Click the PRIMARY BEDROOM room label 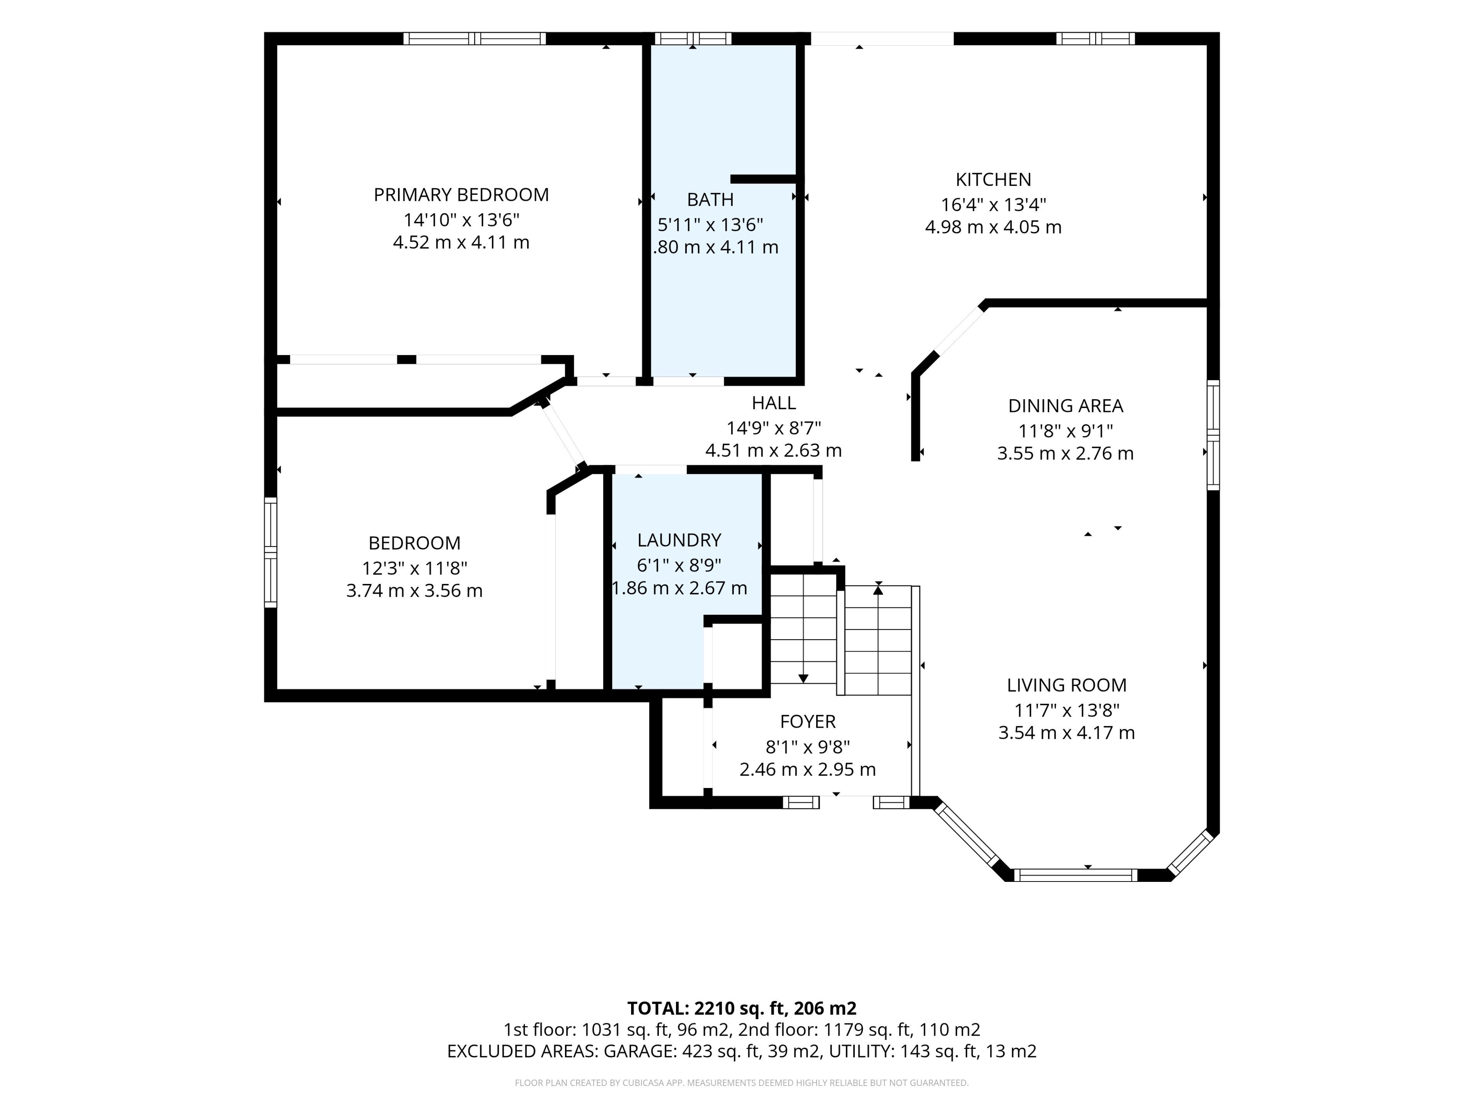tap(461, 194)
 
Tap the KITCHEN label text tap(993, 179)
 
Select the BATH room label tap(710, 199)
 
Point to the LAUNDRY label tap(679, 539)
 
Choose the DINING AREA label tap(1065, 405)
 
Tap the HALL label tap(774, 403)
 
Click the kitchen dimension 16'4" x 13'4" tap(993, 204)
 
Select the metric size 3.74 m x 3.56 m tap(414, 591)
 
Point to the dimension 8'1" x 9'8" tap(808, 746)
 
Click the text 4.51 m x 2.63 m tap(774, 450)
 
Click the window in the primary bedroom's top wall tap(475, 38)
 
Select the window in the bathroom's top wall tap(693, 38)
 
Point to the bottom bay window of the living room tap(1076, 875)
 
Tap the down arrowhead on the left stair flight tap(803, 678)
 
